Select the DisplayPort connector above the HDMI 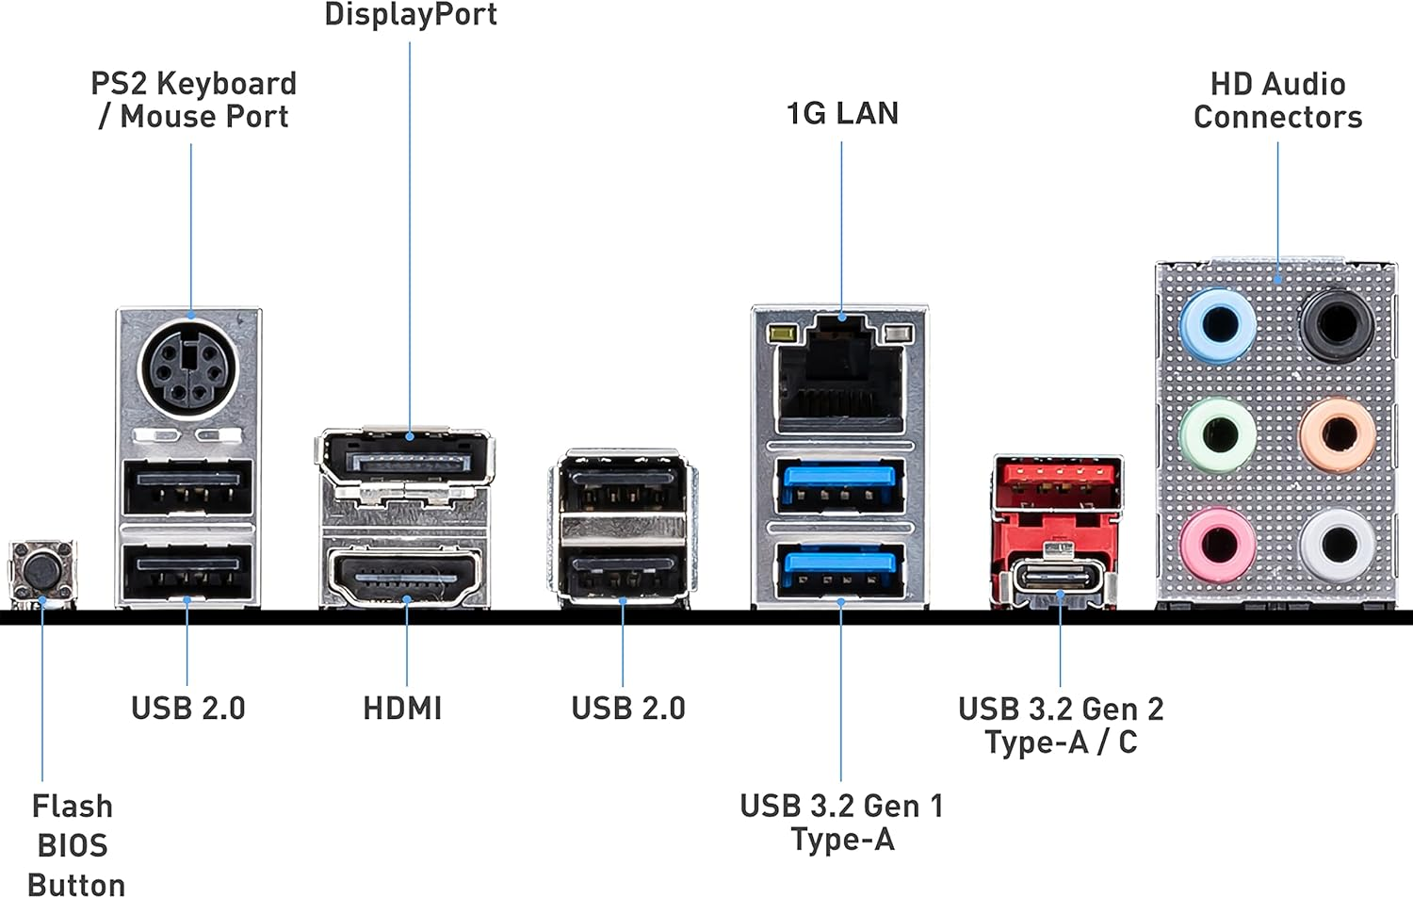pos(407,460)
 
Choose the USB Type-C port pos(1059,577)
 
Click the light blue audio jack pos(1217,326)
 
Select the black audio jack pos(1337,324)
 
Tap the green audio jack pos(1218,435)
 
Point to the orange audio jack pos(1337,434)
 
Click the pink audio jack pos(1217,546)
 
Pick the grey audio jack pos(1337,545)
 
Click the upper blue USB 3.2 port pos(839,484)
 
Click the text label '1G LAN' pos(842,113)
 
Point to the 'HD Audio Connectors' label pos(1277,100)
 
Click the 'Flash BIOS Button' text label pos(73,845)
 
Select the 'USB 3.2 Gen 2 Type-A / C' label pos(1061,725)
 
